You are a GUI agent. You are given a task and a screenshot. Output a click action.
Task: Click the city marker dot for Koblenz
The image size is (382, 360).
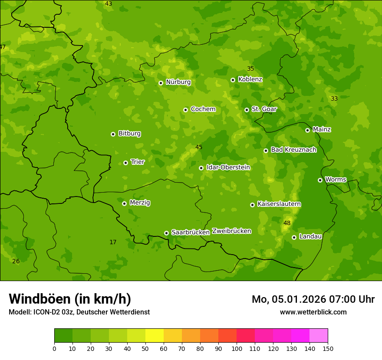point(233,80)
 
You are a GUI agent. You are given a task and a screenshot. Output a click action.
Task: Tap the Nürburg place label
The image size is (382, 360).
point(178,82)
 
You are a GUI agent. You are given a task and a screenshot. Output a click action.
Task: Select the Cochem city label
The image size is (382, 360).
point(203,109)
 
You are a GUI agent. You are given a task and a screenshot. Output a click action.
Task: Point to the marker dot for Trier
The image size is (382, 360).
point(125,163)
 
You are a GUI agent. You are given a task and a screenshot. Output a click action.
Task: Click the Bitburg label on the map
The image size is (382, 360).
point(129,134)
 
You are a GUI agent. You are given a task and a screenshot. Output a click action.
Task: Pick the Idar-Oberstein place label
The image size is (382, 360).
point(228,167)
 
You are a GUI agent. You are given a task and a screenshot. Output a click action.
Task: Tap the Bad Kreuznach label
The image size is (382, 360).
point(293,150)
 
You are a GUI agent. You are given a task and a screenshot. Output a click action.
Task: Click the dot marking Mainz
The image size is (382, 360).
point(307,130)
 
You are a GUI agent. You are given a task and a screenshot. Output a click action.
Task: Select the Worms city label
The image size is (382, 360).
point(336,180)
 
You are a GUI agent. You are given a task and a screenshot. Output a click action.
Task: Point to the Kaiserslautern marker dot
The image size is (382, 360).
point(252,205)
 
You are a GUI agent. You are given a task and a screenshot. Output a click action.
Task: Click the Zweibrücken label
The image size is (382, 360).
point(231,231)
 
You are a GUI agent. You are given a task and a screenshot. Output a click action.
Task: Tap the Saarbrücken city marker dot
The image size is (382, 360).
point(166,233)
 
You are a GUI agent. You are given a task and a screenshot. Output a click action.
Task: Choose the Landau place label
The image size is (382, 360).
point(310,236)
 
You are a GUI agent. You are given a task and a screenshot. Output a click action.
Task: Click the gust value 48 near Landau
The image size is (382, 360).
point(287,223)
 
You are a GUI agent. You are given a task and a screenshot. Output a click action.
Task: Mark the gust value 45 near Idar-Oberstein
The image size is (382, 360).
point(199,147)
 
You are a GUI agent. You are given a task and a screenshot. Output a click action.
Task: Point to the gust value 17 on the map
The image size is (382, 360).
point(113,242)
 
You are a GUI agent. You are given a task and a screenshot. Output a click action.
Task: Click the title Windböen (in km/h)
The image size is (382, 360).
point(70,299)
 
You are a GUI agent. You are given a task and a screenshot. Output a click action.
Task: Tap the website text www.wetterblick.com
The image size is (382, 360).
point(313,312)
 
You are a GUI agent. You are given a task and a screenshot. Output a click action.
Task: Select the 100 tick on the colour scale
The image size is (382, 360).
point(237,348)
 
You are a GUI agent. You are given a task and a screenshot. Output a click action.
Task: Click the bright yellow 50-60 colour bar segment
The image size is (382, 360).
point(155,336)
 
